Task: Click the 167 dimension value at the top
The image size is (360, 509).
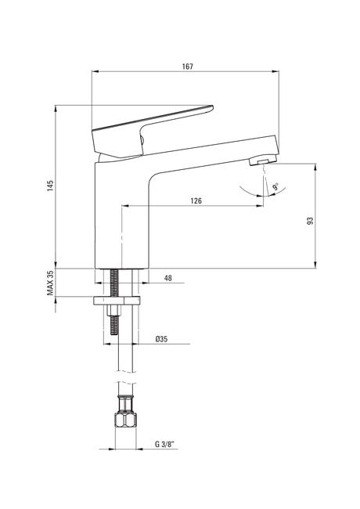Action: [x=188, y=67]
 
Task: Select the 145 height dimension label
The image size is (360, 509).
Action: [x=50, y=186]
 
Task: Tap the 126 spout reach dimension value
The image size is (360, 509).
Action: [x=196, y=200]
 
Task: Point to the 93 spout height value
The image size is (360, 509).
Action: [x=311, y=221]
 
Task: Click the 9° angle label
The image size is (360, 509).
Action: [x=275, y=187]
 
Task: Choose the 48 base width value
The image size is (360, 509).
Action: [x=168, y=278]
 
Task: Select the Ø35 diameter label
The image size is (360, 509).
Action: [x=161, y=339]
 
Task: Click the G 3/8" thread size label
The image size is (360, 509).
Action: [x=166, y=445]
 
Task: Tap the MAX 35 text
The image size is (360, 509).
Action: [x=50, y=283]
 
